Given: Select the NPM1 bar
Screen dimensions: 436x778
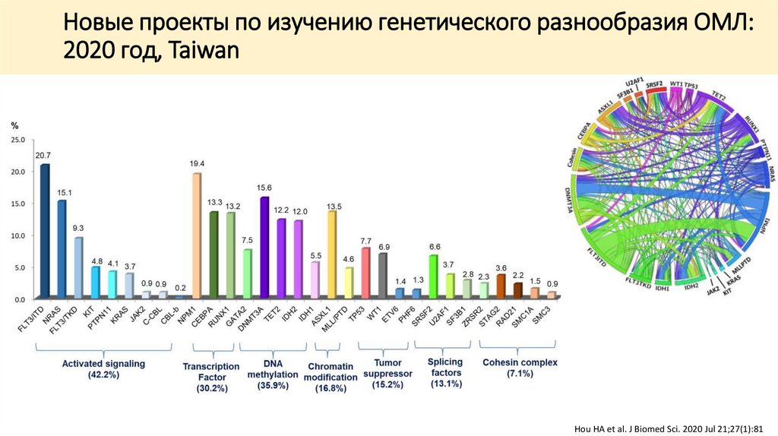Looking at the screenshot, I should tap(197, 235).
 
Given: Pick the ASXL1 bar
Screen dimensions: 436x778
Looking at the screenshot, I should tap(331, 254).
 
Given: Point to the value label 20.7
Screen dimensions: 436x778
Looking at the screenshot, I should tap(44, 155).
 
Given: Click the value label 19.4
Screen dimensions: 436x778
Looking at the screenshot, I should tap(197, 164).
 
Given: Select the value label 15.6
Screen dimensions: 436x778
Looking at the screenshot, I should tap(264, 188).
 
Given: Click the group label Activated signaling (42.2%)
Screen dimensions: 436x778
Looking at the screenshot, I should tap(103, 369).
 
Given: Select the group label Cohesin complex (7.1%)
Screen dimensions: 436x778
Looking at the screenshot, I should tap(520, 368).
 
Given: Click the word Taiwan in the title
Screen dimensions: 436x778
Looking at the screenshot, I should tap(200, 51).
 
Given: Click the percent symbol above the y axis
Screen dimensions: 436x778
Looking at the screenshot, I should tap(14, 125).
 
